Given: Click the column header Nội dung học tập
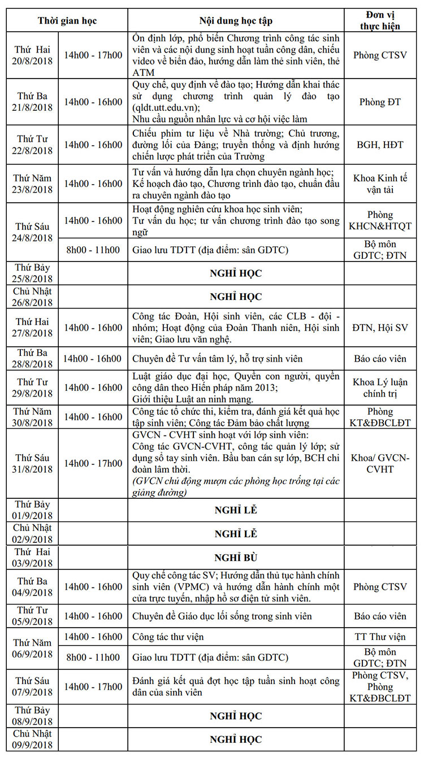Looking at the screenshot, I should pyautogui.click(x=236, y=21).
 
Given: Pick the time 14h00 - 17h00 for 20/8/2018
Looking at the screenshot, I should pyautogui.click(x=93, y=55).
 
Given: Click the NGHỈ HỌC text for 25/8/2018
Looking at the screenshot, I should pyautogui.click(x=236, y=273).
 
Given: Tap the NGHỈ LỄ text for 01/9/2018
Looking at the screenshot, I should pyautogui.click(x=236, y=510).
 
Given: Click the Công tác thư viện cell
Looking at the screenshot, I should pyautogui.click(x=168, y=637).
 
